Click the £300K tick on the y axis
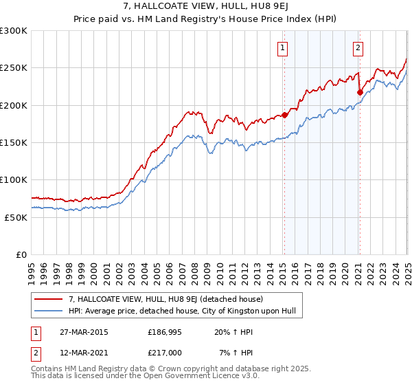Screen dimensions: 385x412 point(14,31)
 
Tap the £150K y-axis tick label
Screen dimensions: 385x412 point(14,143)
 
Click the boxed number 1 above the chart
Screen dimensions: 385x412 point(283,48)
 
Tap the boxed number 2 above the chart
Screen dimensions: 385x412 point(358,48)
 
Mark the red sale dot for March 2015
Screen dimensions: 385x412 point(285,115)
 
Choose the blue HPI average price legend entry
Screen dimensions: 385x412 point(182,311)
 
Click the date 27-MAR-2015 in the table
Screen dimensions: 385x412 point(82,332)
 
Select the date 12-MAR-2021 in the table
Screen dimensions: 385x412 point(82,353)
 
